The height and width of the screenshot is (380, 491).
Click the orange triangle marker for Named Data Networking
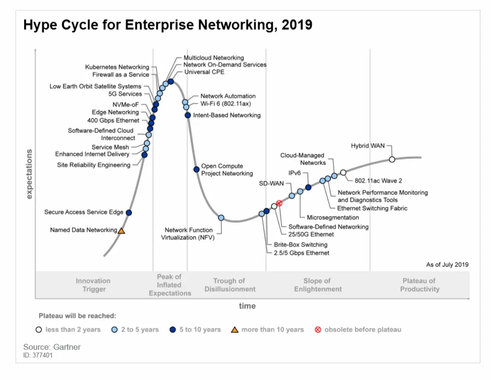[121, 231]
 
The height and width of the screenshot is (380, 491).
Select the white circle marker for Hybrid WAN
[392, 159]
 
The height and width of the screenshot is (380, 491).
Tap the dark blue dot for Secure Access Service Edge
[129, 213]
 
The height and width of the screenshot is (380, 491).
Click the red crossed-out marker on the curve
[279, 203]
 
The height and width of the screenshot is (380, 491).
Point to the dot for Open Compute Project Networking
[197, 169]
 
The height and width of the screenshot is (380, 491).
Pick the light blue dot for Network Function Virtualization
[221, 218]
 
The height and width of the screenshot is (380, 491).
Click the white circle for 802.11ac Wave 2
[343, 172]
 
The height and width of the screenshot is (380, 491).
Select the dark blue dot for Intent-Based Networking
[188, 115]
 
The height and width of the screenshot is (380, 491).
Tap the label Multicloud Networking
[214, 58]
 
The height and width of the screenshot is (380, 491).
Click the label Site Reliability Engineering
[94, 165]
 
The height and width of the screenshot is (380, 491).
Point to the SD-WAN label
[271, 183]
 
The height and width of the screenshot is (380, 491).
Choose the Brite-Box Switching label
[300, 245]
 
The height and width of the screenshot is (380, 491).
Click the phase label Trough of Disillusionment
[230, 285]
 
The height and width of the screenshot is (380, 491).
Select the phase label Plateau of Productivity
[419, 285]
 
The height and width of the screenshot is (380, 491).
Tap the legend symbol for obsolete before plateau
[318, 330]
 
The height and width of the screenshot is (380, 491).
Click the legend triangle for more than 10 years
[235, 330]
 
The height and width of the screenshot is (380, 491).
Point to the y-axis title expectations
[29, 174]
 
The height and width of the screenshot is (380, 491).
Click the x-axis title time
[247, 306]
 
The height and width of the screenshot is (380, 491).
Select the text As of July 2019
[447, 265]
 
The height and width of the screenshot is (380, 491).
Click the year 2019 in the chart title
[297, 25]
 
